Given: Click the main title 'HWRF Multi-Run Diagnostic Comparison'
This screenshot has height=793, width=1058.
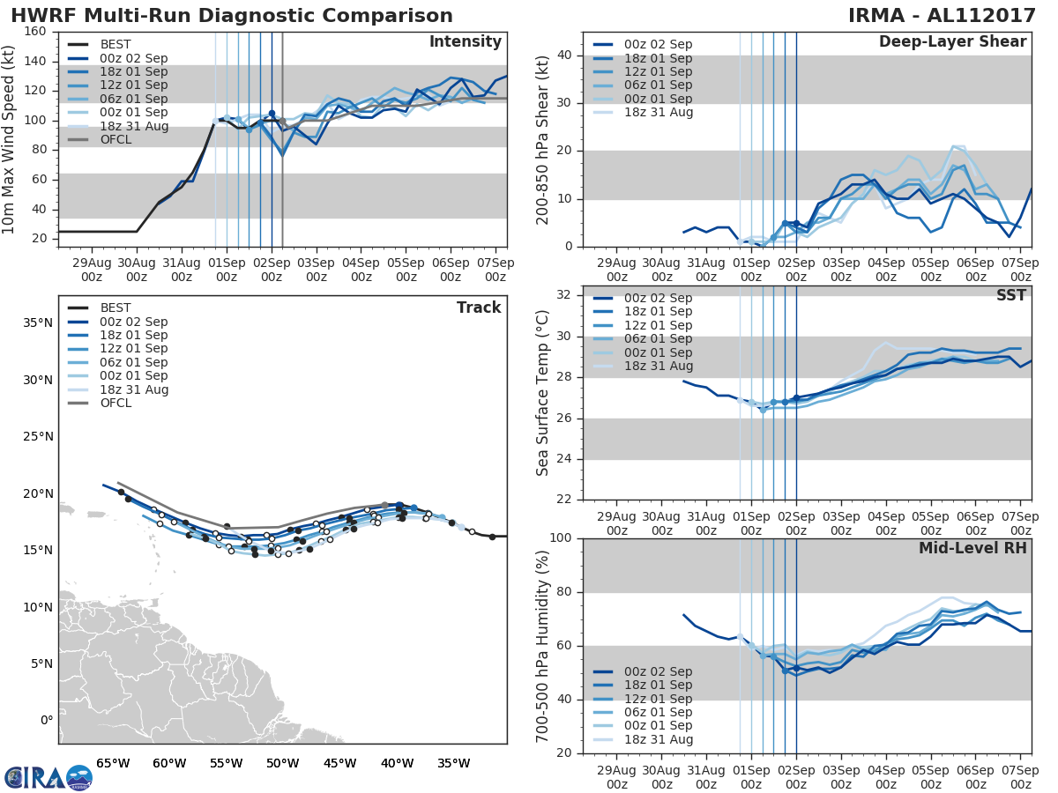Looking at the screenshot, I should (232, 16).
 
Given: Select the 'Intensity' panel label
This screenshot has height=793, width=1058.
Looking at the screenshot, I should (465, 42).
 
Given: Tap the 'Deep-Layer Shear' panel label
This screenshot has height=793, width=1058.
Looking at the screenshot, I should (952, 42).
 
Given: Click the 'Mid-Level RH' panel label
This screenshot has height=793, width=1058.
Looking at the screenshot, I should (972, 548).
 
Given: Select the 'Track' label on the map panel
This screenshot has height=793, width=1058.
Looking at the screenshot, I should (479, 308).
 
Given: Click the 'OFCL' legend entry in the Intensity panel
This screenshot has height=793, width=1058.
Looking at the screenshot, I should (115, 139).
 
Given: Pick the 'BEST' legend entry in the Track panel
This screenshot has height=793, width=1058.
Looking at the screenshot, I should (115, 308).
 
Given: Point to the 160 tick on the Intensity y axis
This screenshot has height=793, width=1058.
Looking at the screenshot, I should (36, 32).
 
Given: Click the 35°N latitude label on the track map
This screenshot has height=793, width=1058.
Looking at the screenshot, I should (36, 322).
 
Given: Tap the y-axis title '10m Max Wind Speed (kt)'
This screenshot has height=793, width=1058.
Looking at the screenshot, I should (10, 133).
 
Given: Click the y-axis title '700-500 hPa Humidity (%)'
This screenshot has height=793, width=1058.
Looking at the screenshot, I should (543, 646).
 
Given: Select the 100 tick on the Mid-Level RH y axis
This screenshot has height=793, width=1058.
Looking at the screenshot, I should (562, 538).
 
